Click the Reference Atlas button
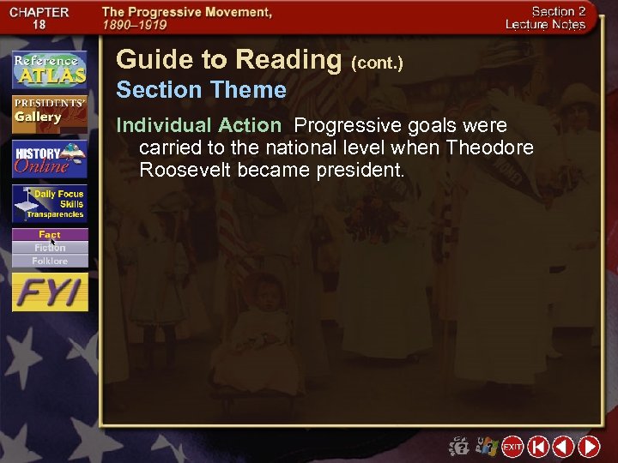click(49, 69)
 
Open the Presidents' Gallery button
click(49, 112)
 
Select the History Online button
click(49, 159)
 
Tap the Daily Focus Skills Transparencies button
click(49, 205)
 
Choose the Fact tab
click(50, 235)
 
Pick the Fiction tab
click(50, 248)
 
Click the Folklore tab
click(50, 261)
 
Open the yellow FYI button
click(50, 293)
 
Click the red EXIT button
click(512, 447)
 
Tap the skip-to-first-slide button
click(538, 447)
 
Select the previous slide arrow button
click(563, 447)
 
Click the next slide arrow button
click(589, 447)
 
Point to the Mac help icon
click(460, 447)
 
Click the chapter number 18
click(39, 26)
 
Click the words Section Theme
click(201, 90)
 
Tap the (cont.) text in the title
click(377, 63)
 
